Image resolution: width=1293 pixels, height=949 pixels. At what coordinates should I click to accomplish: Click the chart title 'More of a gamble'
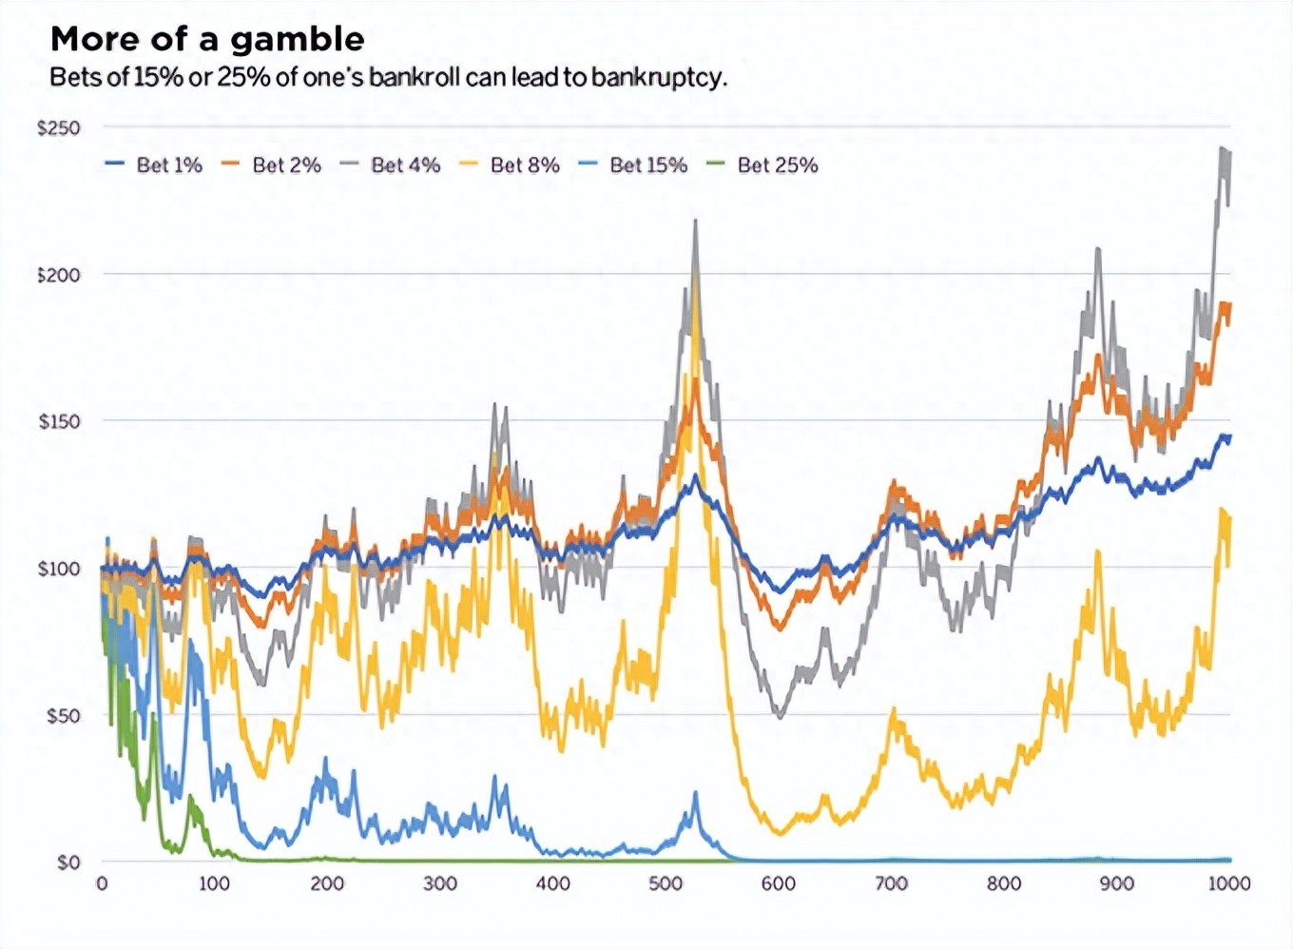[x=207, y=39]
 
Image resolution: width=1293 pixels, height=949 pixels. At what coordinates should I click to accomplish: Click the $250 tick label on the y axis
[x=59, y=128]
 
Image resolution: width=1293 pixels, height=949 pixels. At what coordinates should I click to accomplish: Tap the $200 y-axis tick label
[x=59, y=275]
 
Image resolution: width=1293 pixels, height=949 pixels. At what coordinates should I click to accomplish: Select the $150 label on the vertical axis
[x=59, y=421]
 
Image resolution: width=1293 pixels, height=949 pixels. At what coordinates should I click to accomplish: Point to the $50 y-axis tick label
[x=64, y=715]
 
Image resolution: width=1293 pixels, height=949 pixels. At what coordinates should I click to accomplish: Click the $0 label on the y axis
[x=68, y=862]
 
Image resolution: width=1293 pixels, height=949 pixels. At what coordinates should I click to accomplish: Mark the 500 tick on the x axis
[x=666, y=883]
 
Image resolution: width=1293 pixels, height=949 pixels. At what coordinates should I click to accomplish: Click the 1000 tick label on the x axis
[x=1228, y=883]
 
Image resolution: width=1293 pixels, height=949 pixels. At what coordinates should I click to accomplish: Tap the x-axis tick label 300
[x=440, y=883]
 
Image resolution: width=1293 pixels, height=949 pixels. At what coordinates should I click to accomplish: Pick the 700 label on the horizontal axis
[x=891, y=883]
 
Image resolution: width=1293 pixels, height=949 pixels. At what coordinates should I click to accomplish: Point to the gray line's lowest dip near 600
[x=780, y=715]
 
